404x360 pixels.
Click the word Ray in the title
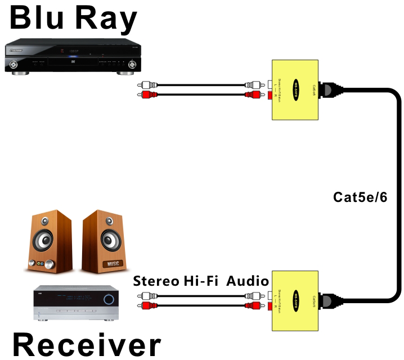[x=107, y=18]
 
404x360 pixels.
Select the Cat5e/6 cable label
[x=360, y=197]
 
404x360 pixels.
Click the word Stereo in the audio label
[x=156, y=281]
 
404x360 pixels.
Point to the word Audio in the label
[x=248, y=281]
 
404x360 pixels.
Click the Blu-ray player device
[x=71, y=57]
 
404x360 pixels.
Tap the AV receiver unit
[x=76, y=304]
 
